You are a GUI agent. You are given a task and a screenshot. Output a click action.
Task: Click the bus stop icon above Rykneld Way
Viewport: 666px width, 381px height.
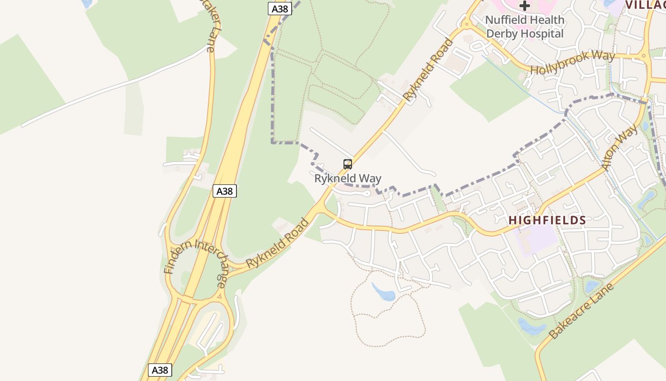(x=348, y=164)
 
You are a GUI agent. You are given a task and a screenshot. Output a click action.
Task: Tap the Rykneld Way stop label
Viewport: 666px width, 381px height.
(x=348, y=179)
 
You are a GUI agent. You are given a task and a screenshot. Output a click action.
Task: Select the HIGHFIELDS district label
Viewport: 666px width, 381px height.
(x=547, y=220)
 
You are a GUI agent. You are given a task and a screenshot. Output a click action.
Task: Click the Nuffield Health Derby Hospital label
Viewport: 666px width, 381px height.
(x=525, y=27)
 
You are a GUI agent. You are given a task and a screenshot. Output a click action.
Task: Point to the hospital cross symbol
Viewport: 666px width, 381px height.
(x=525, y=6)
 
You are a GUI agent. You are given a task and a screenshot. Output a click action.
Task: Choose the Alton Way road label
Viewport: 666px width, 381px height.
(x=619, y=147)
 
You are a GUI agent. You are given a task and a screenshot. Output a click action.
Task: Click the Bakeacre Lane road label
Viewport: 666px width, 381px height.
(x=581, y=310)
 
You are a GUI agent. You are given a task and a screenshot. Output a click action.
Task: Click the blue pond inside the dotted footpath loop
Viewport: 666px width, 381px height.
(x=383, y=291)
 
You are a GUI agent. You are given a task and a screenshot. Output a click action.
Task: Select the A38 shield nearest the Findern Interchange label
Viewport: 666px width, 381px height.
(x=224, y=191)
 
